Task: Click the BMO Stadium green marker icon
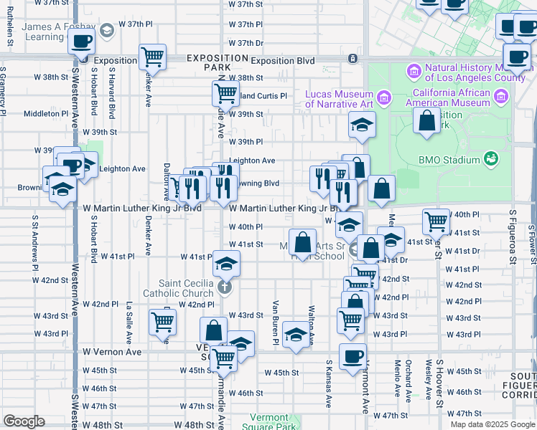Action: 491,158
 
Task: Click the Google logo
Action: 24,421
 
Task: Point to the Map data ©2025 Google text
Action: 492,424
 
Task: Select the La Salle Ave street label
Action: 129,322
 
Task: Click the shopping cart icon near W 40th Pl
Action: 436,221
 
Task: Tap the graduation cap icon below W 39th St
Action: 362,125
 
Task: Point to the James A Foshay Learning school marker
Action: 107,30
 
